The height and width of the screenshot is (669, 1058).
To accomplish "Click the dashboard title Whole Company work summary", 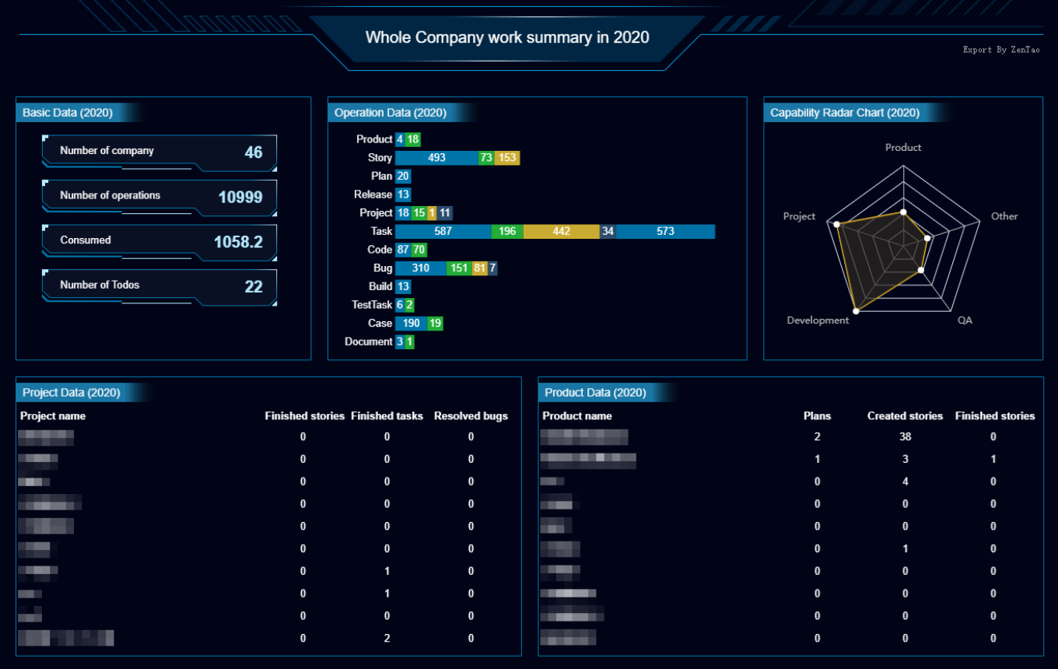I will pos(507,37).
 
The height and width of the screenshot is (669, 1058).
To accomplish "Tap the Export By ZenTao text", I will pos(1000,50).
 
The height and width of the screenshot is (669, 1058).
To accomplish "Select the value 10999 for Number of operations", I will pos(240,197).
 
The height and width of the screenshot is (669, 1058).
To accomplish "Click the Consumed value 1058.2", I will pos(238,242).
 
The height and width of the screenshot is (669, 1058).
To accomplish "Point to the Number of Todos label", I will pos(100,285).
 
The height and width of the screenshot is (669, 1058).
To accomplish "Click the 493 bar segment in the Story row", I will pos(436,158).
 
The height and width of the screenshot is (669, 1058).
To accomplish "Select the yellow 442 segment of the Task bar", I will pos(561,231).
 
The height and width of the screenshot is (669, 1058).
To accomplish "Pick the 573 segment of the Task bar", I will pos(665,231).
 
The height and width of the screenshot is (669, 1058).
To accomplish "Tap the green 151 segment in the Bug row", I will pos(459,268).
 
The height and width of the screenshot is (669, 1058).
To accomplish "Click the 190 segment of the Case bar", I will pos(411,324).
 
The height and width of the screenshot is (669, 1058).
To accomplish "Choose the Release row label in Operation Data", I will pos(373,194).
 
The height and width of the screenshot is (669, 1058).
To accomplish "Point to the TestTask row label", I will pos(372,305).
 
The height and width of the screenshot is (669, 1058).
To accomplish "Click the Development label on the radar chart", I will pos(818,320).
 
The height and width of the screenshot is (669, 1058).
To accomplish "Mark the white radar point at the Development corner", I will pos(856,311).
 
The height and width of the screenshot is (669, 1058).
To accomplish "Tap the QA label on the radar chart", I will pos(965,320).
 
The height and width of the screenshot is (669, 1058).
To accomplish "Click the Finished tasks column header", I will pos(387,416).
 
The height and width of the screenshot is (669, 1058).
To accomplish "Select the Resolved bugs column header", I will pos(471,416).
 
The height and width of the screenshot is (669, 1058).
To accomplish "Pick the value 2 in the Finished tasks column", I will pos(387,639).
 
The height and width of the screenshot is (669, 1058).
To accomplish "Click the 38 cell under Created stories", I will pos(905,437).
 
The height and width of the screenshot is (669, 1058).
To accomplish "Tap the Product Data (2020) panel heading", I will pos(595,393).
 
